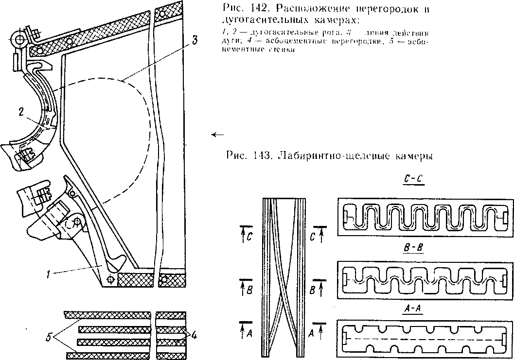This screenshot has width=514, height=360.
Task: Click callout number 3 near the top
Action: [x=195, y=41]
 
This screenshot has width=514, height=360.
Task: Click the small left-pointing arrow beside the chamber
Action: [x=219, y=135]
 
